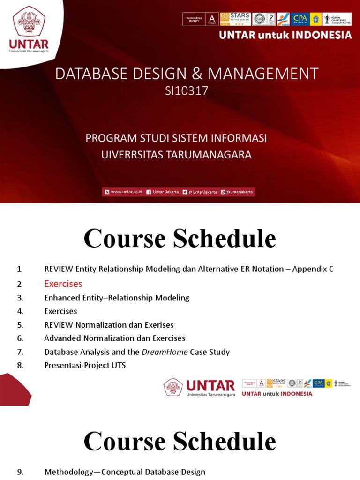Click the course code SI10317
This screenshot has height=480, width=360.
(186, 91)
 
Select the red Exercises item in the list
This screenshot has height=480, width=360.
(63, 284)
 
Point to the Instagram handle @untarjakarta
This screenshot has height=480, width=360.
(240, 192)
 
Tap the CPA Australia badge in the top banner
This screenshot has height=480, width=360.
(300, 19)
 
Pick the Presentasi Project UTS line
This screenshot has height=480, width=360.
(85, 365)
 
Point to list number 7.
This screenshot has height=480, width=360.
(20, 352)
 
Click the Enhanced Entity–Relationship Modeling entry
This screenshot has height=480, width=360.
(117, 298)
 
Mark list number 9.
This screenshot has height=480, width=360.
(20, 472)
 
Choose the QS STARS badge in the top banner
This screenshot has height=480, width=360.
(235, 19)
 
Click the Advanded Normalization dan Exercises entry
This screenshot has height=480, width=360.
(115, 338)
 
